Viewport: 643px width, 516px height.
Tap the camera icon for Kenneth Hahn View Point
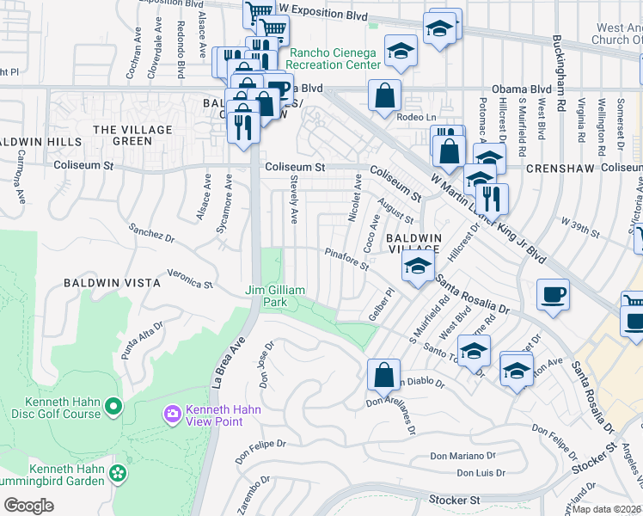(x=173, y=415)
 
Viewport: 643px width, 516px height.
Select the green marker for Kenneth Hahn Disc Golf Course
(x=113, y=404)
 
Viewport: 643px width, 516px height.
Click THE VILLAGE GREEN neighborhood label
(x=133, y=135)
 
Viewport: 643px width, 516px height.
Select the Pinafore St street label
(x=346, y=259)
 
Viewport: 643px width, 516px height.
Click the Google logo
(x=28, y=505)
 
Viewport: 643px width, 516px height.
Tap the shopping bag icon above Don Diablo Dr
(x=383, y=374)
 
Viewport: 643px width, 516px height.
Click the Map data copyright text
(x=607, y=509)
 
